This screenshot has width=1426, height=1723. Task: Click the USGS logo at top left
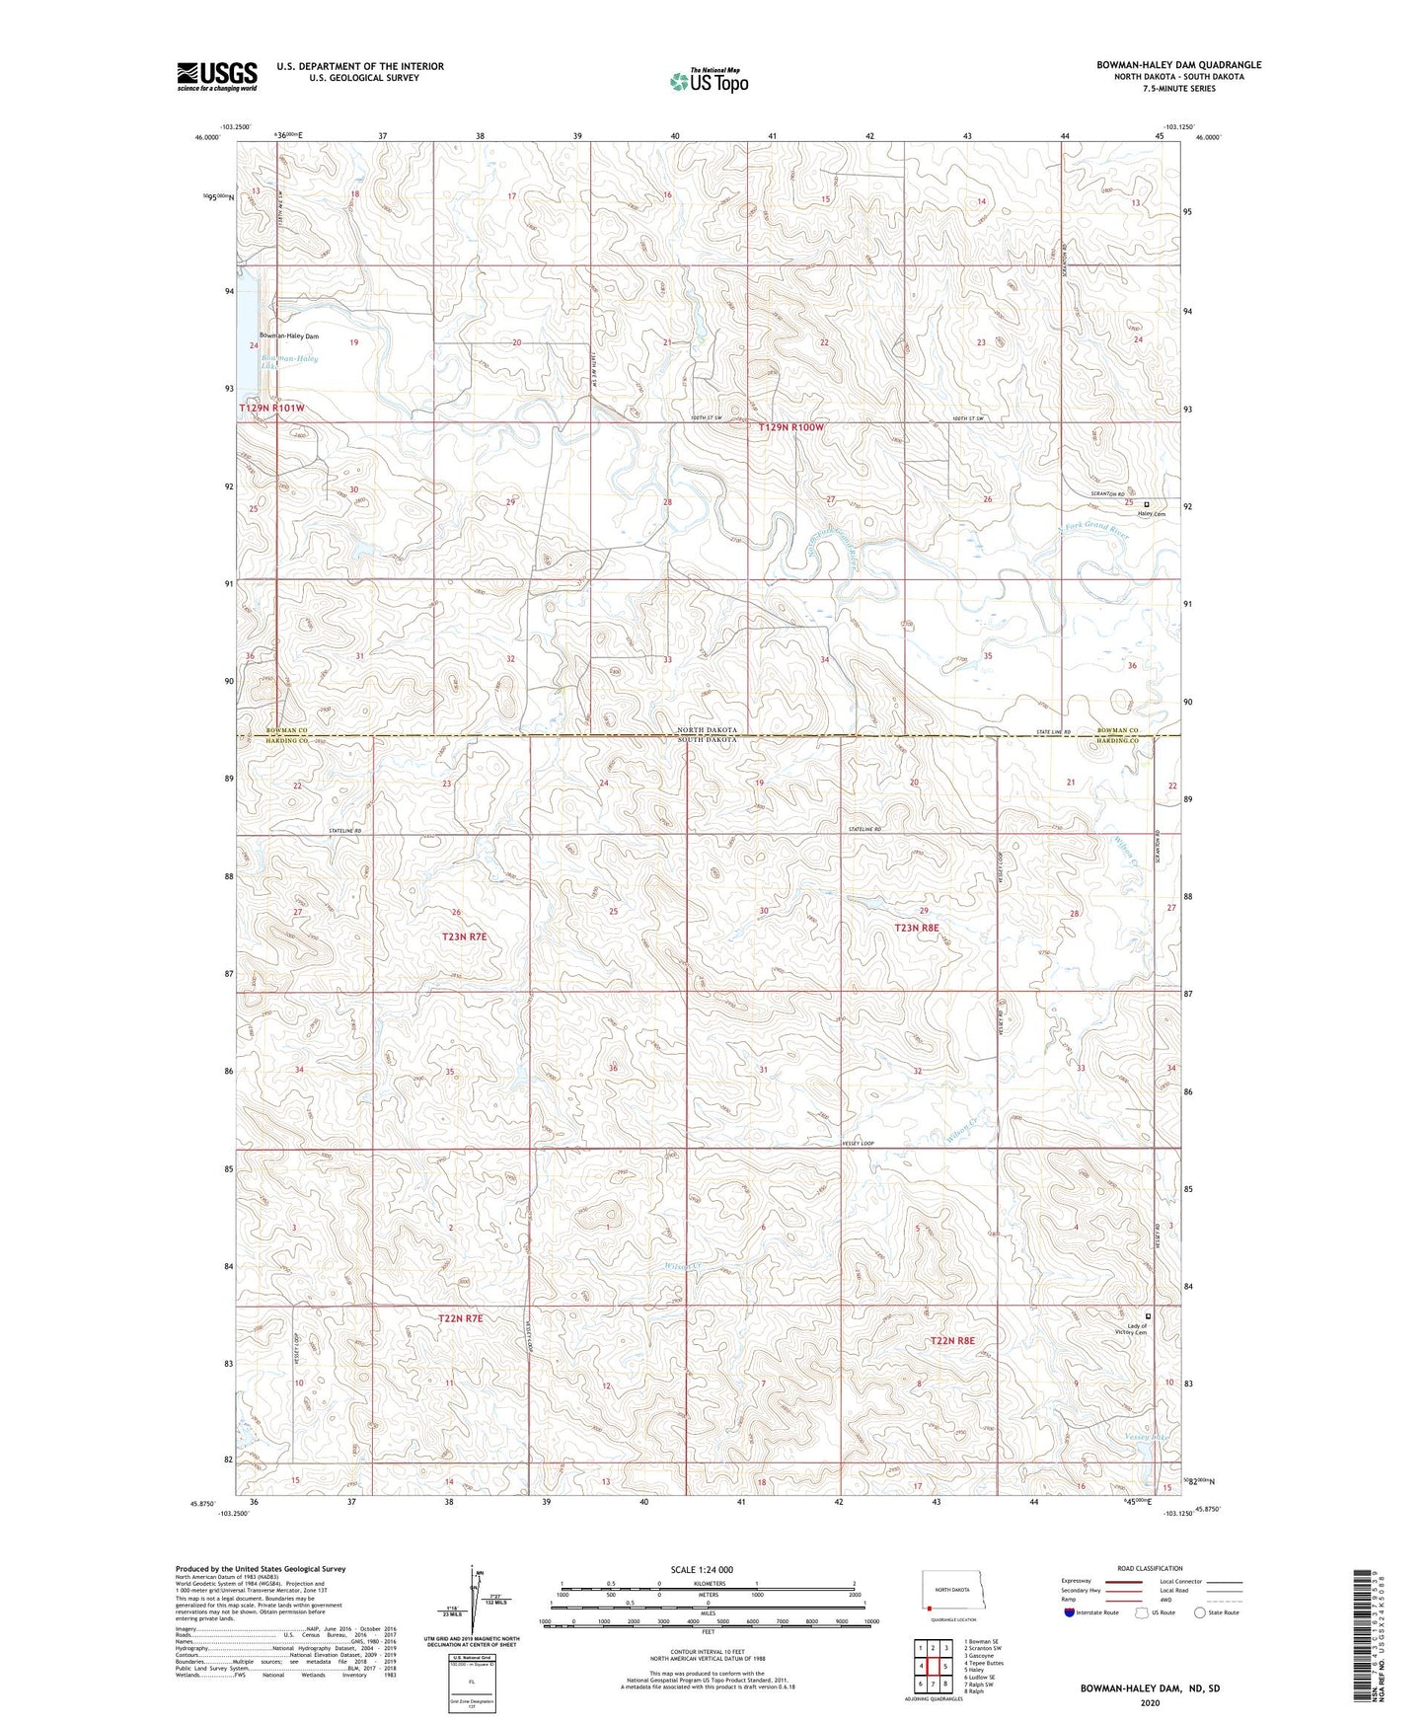(216, 76)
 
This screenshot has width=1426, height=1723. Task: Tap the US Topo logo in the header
(708, 81)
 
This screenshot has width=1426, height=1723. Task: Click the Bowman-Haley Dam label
(289, 337)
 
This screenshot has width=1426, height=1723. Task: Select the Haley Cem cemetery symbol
(1146, 504)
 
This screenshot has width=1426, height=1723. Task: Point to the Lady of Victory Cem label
(1137, 1329)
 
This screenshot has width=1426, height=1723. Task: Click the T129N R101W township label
(271, 408)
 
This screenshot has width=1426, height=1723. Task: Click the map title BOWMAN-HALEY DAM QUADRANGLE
(1178, 65)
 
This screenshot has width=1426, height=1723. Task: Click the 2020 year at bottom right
(1149, 1702)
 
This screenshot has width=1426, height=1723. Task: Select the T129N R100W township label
(790, 427)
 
